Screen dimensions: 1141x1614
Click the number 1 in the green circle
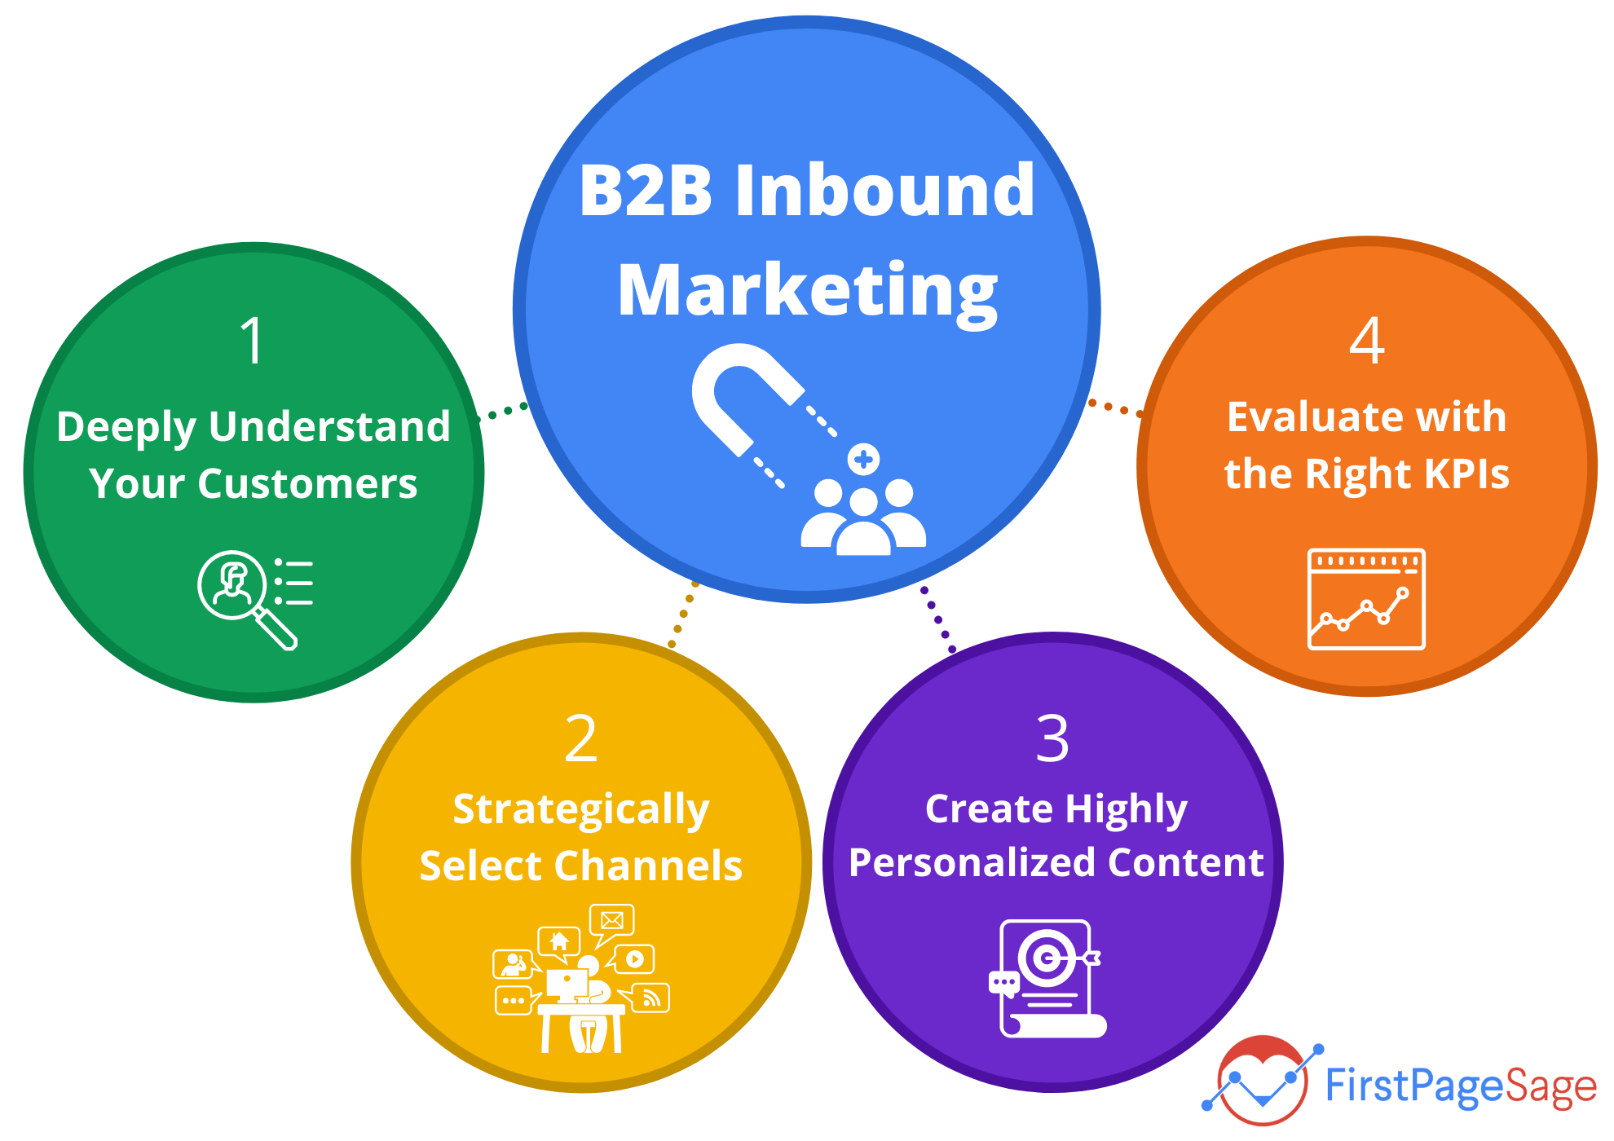tap(253, 341)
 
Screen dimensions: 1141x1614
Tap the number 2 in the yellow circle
tap(581, 739)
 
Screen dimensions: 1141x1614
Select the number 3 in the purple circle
tap(1052, 739)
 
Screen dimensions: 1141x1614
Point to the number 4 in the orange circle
tap(1367, 341)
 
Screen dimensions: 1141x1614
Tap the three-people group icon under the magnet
tap(864, 517)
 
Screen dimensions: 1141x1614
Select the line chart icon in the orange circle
tap(1366, 599)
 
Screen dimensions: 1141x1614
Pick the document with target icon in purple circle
tap(1048, 978)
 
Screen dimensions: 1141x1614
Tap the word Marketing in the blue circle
tap(807, 291)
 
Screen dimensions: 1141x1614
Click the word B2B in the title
tap(646, 192)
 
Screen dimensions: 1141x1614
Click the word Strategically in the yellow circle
tap(581, 810)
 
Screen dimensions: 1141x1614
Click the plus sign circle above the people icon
tap(864, 460)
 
